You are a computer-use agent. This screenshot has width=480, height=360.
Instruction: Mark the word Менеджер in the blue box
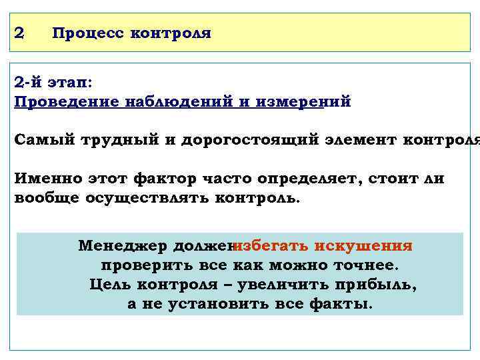pos(122,246)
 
